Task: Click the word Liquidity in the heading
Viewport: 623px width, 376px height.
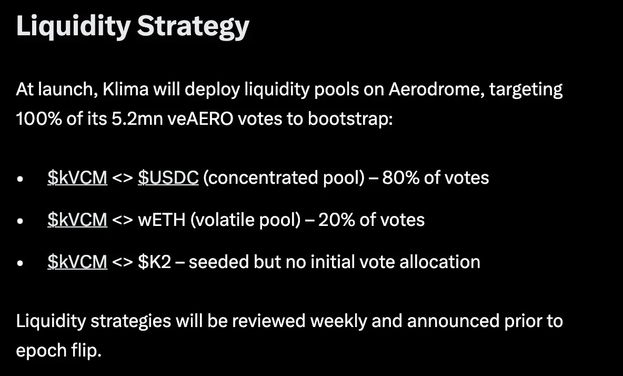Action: point(74,27)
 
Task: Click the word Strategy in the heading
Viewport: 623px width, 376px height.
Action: point(193,27)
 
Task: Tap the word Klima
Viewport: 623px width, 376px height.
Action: point(126,89)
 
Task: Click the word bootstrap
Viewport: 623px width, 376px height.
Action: point(350,119)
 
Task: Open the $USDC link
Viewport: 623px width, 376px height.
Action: point(168,177)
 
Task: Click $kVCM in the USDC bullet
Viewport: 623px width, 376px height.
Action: point(77,177)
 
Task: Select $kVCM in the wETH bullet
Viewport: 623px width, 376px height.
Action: point(77,220)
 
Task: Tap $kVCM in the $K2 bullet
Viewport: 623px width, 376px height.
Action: point(77,262)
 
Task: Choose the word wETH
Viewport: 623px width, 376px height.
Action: point(162,220)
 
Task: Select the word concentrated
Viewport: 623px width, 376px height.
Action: point(263,177)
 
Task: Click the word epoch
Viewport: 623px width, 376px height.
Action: point(41,351)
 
